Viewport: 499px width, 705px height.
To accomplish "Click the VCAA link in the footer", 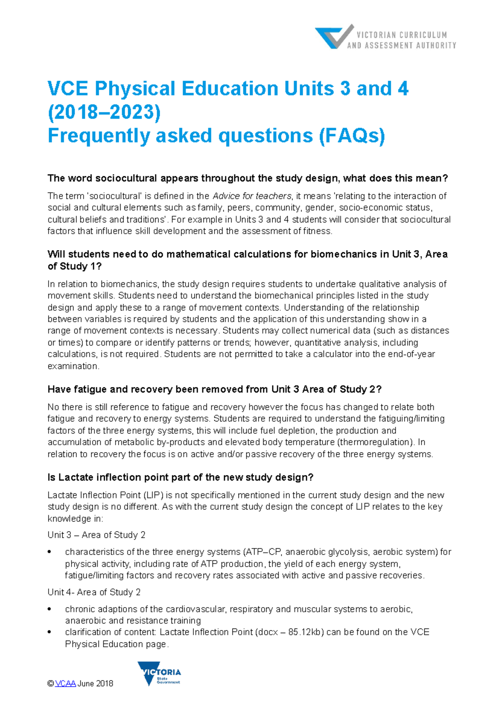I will point(65,684).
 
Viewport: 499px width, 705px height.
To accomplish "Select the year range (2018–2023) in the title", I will point(104,112).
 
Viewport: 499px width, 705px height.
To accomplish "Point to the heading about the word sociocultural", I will point(247,178).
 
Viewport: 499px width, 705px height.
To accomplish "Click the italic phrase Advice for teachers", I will point(252,196).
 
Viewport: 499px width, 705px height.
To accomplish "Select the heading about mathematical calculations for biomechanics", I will point(247,260).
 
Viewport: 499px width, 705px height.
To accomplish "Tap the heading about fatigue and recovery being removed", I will point(214,389).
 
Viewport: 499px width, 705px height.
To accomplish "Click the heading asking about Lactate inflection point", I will point(180,477).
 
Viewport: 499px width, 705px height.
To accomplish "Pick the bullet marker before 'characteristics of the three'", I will point(50,552).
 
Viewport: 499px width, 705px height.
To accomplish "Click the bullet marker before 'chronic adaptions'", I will point(50,609).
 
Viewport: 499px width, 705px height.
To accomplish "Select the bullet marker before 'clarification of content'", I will point(50,632).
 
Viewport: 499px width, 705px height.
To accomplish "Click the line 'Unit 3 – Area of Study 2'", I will point(96,535).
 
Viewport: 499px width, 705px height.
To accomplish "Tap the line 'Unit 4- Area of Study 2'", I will point(94,592).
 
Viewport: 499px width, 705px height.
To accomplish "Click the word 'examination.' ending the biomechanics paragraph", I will point(73,366).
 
